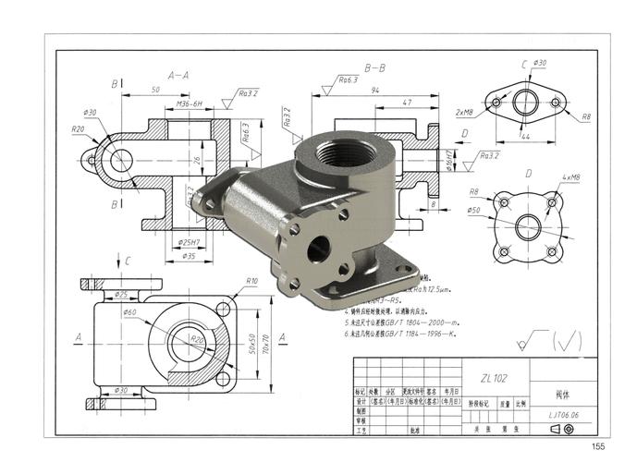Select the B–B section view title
tap(375, 68)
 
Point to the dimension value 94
tap(375, 91)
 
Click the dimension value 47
tap(408, 103)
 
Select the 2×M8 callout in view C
tap(464, 112)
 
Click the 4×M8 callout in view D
tap(571, 176)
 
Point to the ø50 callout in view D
tap(474, 211)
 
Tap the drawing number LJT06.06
tap(562, 416)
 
